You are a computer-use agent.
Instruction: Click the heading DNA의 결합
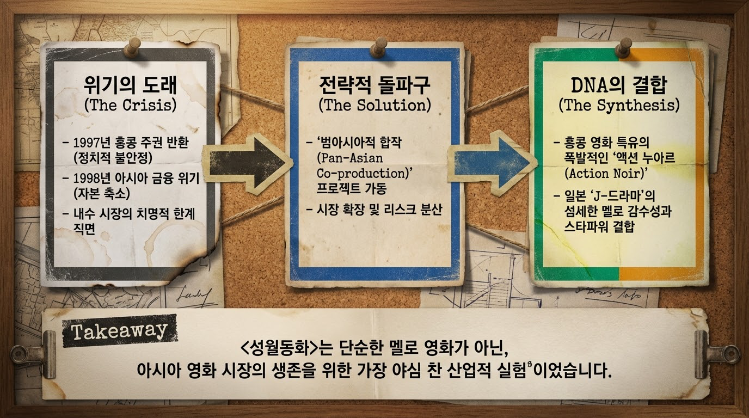[x=619, y=85]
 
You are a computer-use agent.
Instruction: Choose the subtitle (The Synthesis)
[x=619, y=105]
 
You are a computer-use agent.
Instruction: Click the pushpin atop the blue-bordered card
[x=378, y=46]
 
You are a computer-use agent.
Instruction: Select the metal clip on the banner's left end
[x=34, y=353]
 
